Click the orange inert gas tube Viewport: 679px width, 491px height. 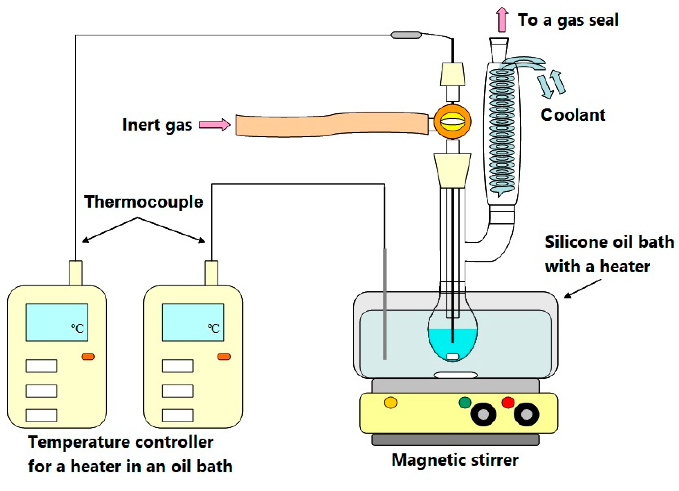tap(332, 125)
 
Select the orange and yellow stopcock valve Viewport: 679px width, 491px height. tap(452, 122)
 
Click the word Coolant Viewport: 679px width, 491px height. tap(573, 115)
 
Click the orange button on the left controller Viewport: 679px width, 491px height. tap(88, 357)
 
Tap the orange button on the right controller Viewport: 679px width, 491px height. tap(224, 357)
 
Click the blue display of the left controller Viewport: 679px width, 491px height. tap(57, 323)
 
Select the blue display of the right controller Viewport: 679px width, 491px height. tap(193, 323)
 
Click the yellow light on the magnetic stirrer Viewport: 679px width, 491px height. tap(391, 402)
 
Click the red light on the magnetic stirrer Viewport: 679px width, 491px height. tap(508, 402)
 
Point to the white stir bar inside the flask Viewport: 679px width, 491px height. tap(453, 357)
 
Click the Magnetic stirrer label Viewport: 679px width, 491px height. tap(455, 460)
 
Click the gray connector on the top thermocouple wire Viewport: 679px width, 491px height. tap(406, 35)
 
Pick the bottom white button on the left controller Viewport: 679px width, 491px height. tap(41, 415)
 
